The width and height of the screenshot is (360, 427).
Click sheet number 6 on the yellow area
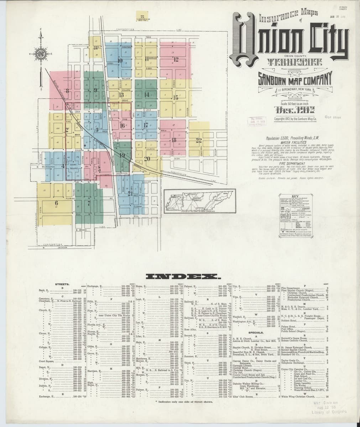[56, 203]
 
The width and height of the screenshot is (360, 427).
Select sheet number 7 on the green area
[89, 203]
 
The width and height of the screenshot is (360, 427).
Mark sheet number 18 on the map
[174, 140]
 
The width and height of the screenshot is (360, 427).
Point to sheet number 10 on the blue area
[120, 60]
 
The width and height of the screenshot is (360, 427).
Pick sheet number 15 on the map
[175, 97]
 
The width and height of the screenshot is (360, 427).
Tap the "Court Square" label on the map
[73, 166]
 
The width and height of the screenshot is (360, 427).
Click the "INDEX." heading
[182, 276]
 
